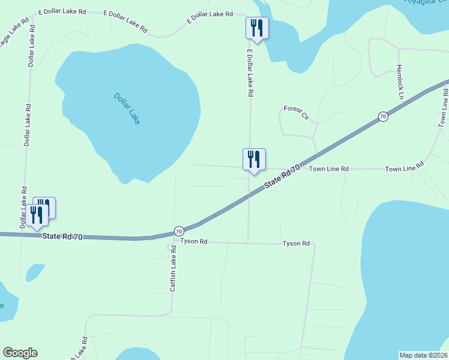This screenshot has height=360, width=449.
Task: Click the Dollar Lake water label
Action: pyautogui.click(x=127, y=108)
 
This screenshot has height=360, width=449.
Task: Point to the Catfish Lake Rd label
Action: pyautogui.click(x=173, y=274)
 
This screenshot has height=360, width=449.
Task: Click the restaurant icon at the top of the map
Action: pyautogui.click(x=256, y=28)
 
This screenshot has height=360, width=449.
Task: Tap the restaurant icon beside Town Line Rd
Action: pyautogui.click(x=254, y=160)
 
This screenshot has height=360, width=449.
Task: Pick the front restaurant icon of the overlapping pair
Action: pyautogui.click(x=37, y=215)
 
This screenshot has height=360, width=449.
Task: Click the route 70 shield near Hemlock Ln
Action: pyautogui.click(x=382, y=116)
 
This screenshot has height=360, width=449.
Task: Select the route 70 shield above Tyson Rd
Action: pyautogui.click(x=178, y=230)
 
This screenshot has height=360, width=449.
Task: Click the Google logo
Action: pyautogui.click(x=20, y=353)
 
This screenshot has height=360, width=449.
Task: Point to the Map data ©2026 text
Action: pyautogui.click(x=423, y=355)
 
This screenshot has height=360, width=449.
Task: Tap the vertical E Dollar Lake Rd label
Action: pyautogui.click(x=250, y=74)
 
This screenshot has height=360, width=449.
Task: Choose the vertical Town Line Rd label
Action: pyautogui.click(x=444, y=108)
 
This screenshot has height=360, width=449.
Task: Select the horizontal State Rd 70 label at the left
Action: pyautogui.click(x=62, y=236)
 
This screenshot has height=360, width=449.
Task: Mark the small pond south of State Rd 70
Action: pyautogui.click(x=35, y=272)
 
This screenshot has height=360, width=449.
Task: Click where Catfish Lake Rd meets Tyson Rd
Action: pyautogui.click(x=173, y=242)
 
